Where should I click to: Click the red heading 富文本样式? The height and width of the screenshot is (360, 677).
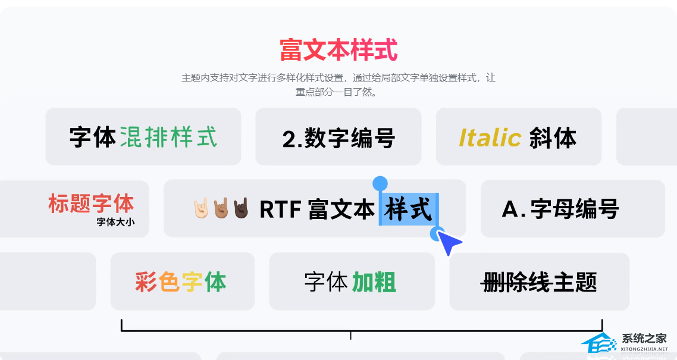coord(338,50)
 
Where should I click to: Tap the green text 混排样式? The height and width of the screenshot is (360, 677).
coord(168,137)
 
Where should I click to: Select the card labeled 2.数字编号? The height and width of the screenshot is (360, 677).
coord(338,136)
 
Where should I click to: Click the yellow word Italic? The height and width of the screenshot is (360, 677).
coord(490,137)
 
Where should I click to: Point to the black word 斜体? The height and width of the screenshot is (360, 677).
coord(553,137)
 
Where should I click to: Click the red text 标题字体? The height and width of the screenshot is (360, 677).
coord(91,204)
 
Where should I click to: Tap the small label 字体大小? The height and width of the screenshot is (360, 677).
coord(116,222)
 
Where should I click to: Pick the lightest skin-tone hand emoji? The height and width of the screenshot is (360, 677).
coord(200,208)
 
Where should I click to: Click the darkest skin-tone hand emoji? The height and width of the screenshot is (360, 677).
coord(241,208)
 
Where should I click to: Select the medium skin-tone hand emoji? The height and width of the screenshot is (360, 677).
coord(221,208)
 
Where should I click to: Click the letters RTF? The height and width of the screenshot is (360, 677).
coord(280,209)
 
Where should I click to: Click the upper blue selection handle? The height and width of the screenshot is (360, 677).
coord(380,183)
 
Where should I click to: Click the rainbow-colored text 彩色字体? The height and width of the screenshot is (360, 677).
coord(180,282)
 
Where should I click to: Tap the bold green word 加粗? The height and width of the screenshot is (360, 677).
coord(374,282)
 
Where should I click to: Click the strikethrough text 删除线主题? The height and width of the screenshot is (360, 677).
coord(539,282)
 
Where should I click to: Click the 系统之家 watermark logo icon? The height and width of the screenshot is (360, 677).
coord(599,344)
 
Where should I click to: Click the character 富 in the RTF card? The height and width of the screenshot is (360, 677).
coord(319,209)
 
